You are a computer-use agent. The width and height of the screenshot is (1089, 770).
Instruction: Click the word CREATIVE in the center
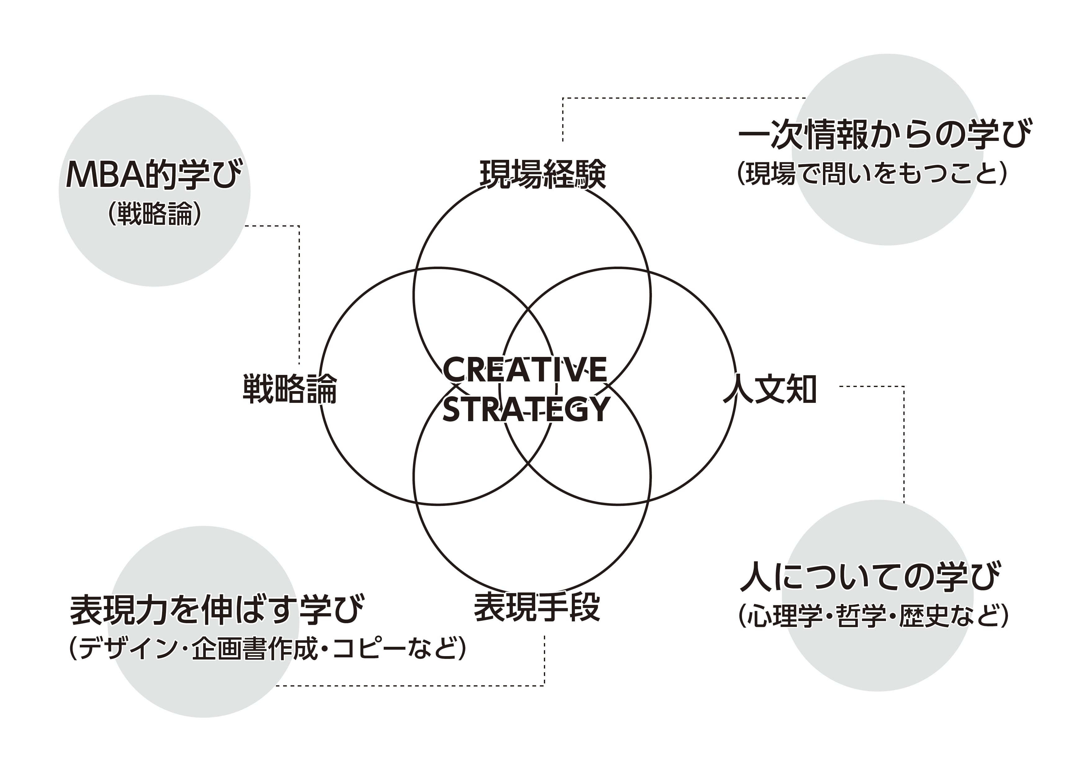pyautogui.click(x=525, y=370)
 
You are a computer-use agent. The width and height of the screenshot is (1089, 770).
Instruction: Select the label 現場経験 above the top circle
pyautogui.click(x=543, y=174)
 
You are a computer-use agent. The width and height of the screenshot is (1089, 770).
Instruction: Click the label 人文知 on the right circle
pyautogui.click(x=769, y=389)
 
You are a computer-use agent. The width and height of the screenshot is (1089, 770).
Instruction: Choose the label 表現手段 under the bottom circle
pyautogui.click(x=537, y=607)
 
